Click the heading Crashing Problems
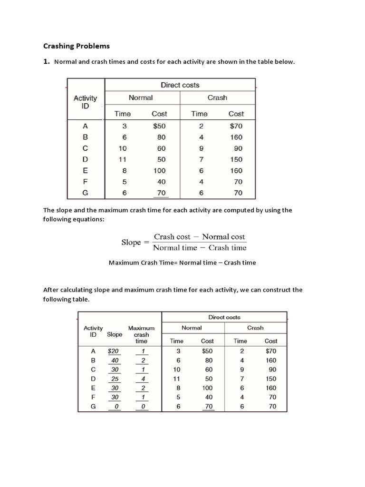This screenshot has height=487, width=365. pos(77,46)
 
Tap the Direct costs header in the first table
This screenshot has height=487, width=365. pos(180,85)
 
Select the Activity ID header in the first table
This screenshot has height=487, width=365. pos(85,101)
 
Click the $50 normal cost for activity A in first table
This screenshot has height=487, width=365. pos(159,127)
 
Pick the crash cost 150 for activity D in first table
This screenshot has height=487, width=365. pos(236,159)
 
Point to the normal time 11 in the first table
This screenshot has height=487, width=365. pos(123,159)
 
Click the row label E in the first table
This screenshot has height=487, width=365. pos(85,170)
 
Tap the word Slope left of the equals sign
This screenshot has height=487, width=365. pos(131,242)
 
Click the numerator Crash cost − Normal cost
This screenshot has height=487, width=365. pos(199,237)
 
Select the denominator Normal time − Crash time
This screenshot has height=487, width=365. pos(200,247)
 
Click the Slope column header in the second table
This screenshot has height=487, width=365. pos(115,334)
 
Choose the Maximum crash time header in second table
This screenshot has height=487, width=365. pos(142,334)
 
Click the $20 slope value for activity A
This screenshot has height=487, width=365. pos(114,351)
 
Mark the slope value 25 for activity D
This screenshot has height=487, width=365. pos(115,379)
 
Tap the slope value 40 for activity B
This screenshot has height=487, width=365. pos(115,360)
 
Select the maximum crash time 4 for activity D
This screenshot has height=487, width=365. pos(143,379)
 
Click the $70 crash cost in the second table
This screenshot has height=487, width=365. pos(271,351)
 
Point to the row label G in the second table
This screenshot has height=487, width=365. pos(93,407)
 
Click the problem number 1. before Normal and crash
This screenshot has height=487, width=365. pos(47,61)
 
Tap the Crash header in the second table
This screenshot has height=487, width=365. pos(255,328)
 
